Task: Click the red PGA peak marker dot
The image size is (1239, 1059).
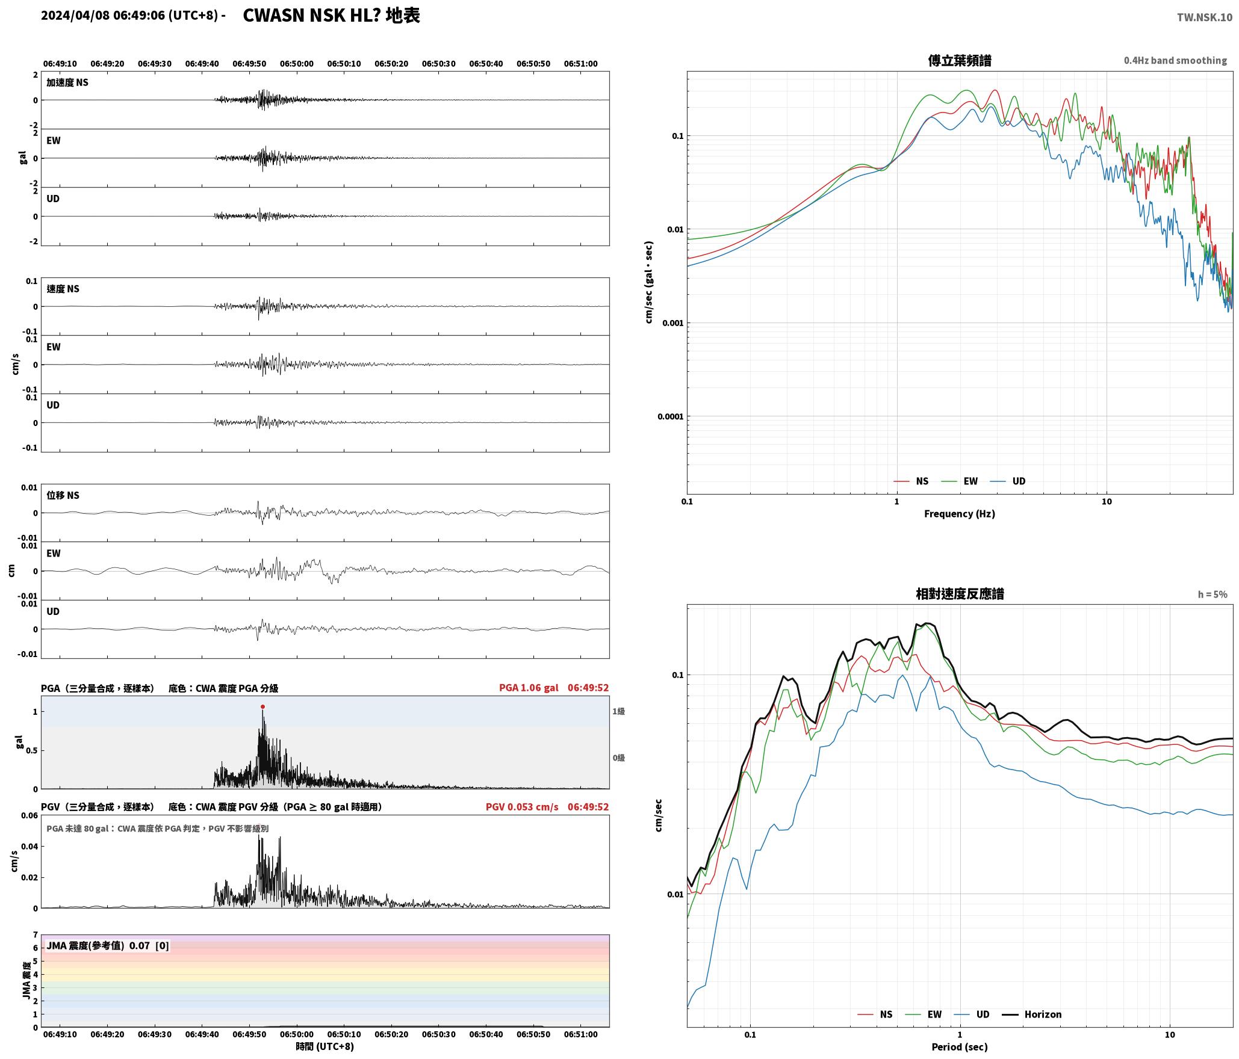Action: (262, 706)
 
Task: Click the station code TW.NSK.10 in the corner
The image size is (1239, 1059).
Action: (1205, 17)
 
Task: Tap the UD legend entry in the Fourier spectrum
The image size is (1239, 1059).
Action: (1008, 481)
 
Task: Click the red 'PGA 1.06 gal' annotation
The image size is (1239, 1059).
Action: (529, 687)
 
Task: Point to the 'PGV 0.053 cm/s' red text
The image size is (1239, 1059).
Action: (522, 806)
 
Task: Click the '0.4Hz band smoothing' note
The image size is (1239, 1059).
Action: (1175, 60)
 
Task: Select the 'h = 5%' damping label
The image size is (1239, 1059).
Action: (1213, 594)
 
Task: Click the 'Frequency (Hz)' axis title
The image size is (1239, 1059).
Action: (960, 513)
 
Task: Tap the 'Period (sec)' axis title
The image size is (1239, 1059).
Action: (960, 1046)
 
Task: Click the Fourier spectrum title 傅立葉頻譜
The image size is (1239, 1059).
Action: (960, 60)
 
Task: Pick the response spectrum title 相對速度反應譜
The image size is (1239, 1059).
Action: (960, 593)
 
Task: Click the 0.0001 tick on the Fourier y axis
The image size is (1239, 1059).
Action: (670, 416)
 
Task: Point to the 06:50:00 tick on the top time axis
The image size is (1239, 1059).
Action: (296, 63)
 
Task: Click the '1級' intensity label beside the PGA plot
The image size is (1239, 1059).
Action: (618, 711)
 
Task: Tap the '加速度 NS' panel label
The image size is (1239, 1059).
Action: (67, 82)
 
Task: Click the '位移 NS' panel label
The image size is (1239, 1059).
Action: (63, 495)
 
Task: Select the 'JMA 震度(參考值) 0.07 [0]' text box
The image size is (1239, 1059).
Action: (108, 945)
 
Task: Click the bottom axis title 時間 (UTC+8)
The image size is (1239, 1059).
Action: (324, 1046)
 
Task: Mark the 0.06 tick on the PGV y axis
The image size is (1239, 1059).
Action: (30, 815)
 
